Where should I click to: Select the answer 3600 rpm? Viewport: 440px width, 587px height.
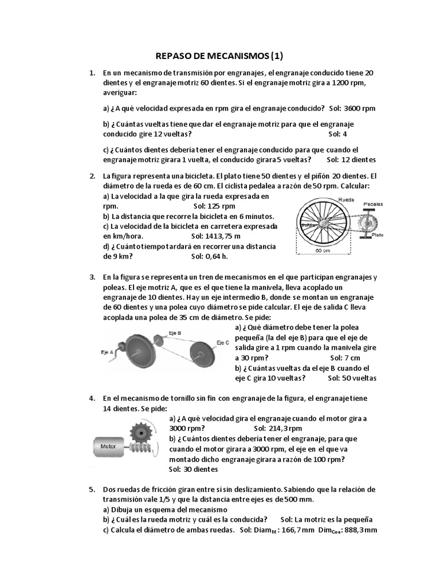[x=360, y=108]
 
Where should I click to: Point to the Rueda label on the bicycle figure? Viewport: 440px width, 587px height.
[x=346, y=199]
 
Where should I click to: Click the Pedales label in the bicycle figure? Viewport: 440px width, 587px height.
[x=373, y=204]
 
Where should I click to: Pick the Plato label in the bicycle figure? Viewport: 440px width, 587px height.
[x=377, y=234]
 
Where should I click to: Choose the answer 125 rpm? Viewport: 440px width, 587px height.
[x=222, y=206]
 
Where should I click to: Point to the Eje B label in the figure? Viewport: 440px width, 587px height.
[x=175, y=332]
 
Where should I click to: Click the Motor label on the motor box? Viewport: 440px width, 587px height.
[x=108, y=446]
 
